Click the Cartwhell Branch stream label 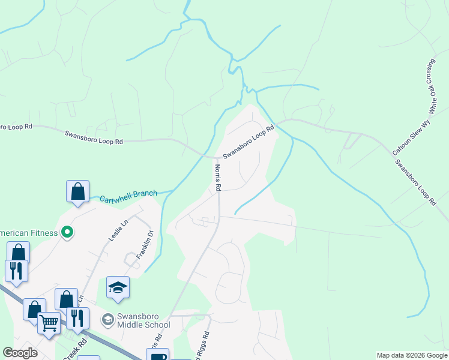click(x=128, y=196)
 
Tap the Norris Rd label click(x=218, y=179)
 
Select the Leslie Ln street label click(x=119, y=231)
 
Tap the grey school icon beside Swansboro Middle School click(x=108, y=319)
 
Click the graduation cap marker click(x=118, y=287)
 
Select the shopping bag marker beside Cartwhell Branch click(x=78, y=191)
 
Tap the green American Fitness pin click(x=67, y=232)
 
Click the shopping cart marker click(x=49, y=323)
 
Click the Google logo click(x=20, y=353)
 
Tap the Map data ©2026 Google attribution click(x=412, y=355)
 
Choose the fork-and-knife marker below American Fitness click(x=16, y=271)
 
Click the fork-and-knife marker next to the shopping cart click(x=77, y=318)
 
